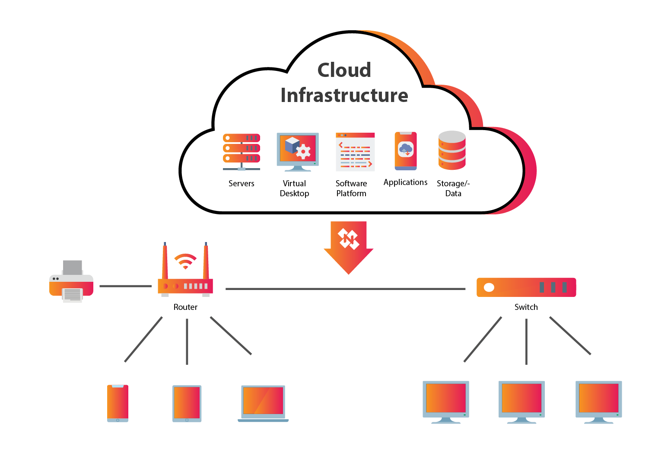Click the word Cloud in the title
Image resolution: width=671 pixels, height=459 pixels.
tap(344, 70)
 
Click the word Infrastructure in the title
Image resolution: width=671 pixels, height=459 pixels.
tap(344, 95)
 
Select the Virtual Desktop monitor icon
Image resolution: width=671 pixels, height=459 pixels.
tap(297, 151)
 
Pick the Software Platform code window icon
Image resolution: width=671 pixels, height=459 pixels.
tap(355, 152)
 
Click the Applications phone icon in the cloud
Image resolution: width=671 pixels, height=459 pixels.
tap(405, 151)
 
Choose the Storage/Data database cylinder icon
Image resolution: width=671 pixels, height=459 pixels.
tap(452, 150)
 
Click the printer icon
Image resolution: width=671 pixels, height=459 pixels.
tap(71, 281)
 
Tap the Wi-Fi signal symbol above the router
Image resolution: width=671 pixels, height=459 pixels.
tap(185, 261)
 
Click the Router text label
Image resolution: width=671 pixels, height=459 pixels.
tap(185, 307)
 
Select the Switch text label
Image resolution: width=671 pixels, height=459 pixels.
tap(526, 307)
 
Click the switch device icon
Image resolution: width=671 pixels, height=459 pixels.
tap(526, 287)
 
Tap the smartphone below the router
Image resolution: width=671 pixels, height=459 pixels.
tap(118, 403)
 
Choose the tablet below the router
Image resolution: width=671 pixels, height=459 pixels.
tap(187, 403)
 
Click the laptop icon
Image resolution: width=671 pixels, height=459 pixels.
tap(263, 403)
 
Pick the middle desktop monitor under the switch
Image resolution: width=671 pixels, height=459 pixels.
tap(522, 401)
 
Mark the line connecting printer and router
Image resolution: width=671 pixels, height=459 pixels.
tap(125, 286)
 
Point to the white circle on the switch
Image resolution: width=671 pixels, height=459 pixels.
tap(489, 287)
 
